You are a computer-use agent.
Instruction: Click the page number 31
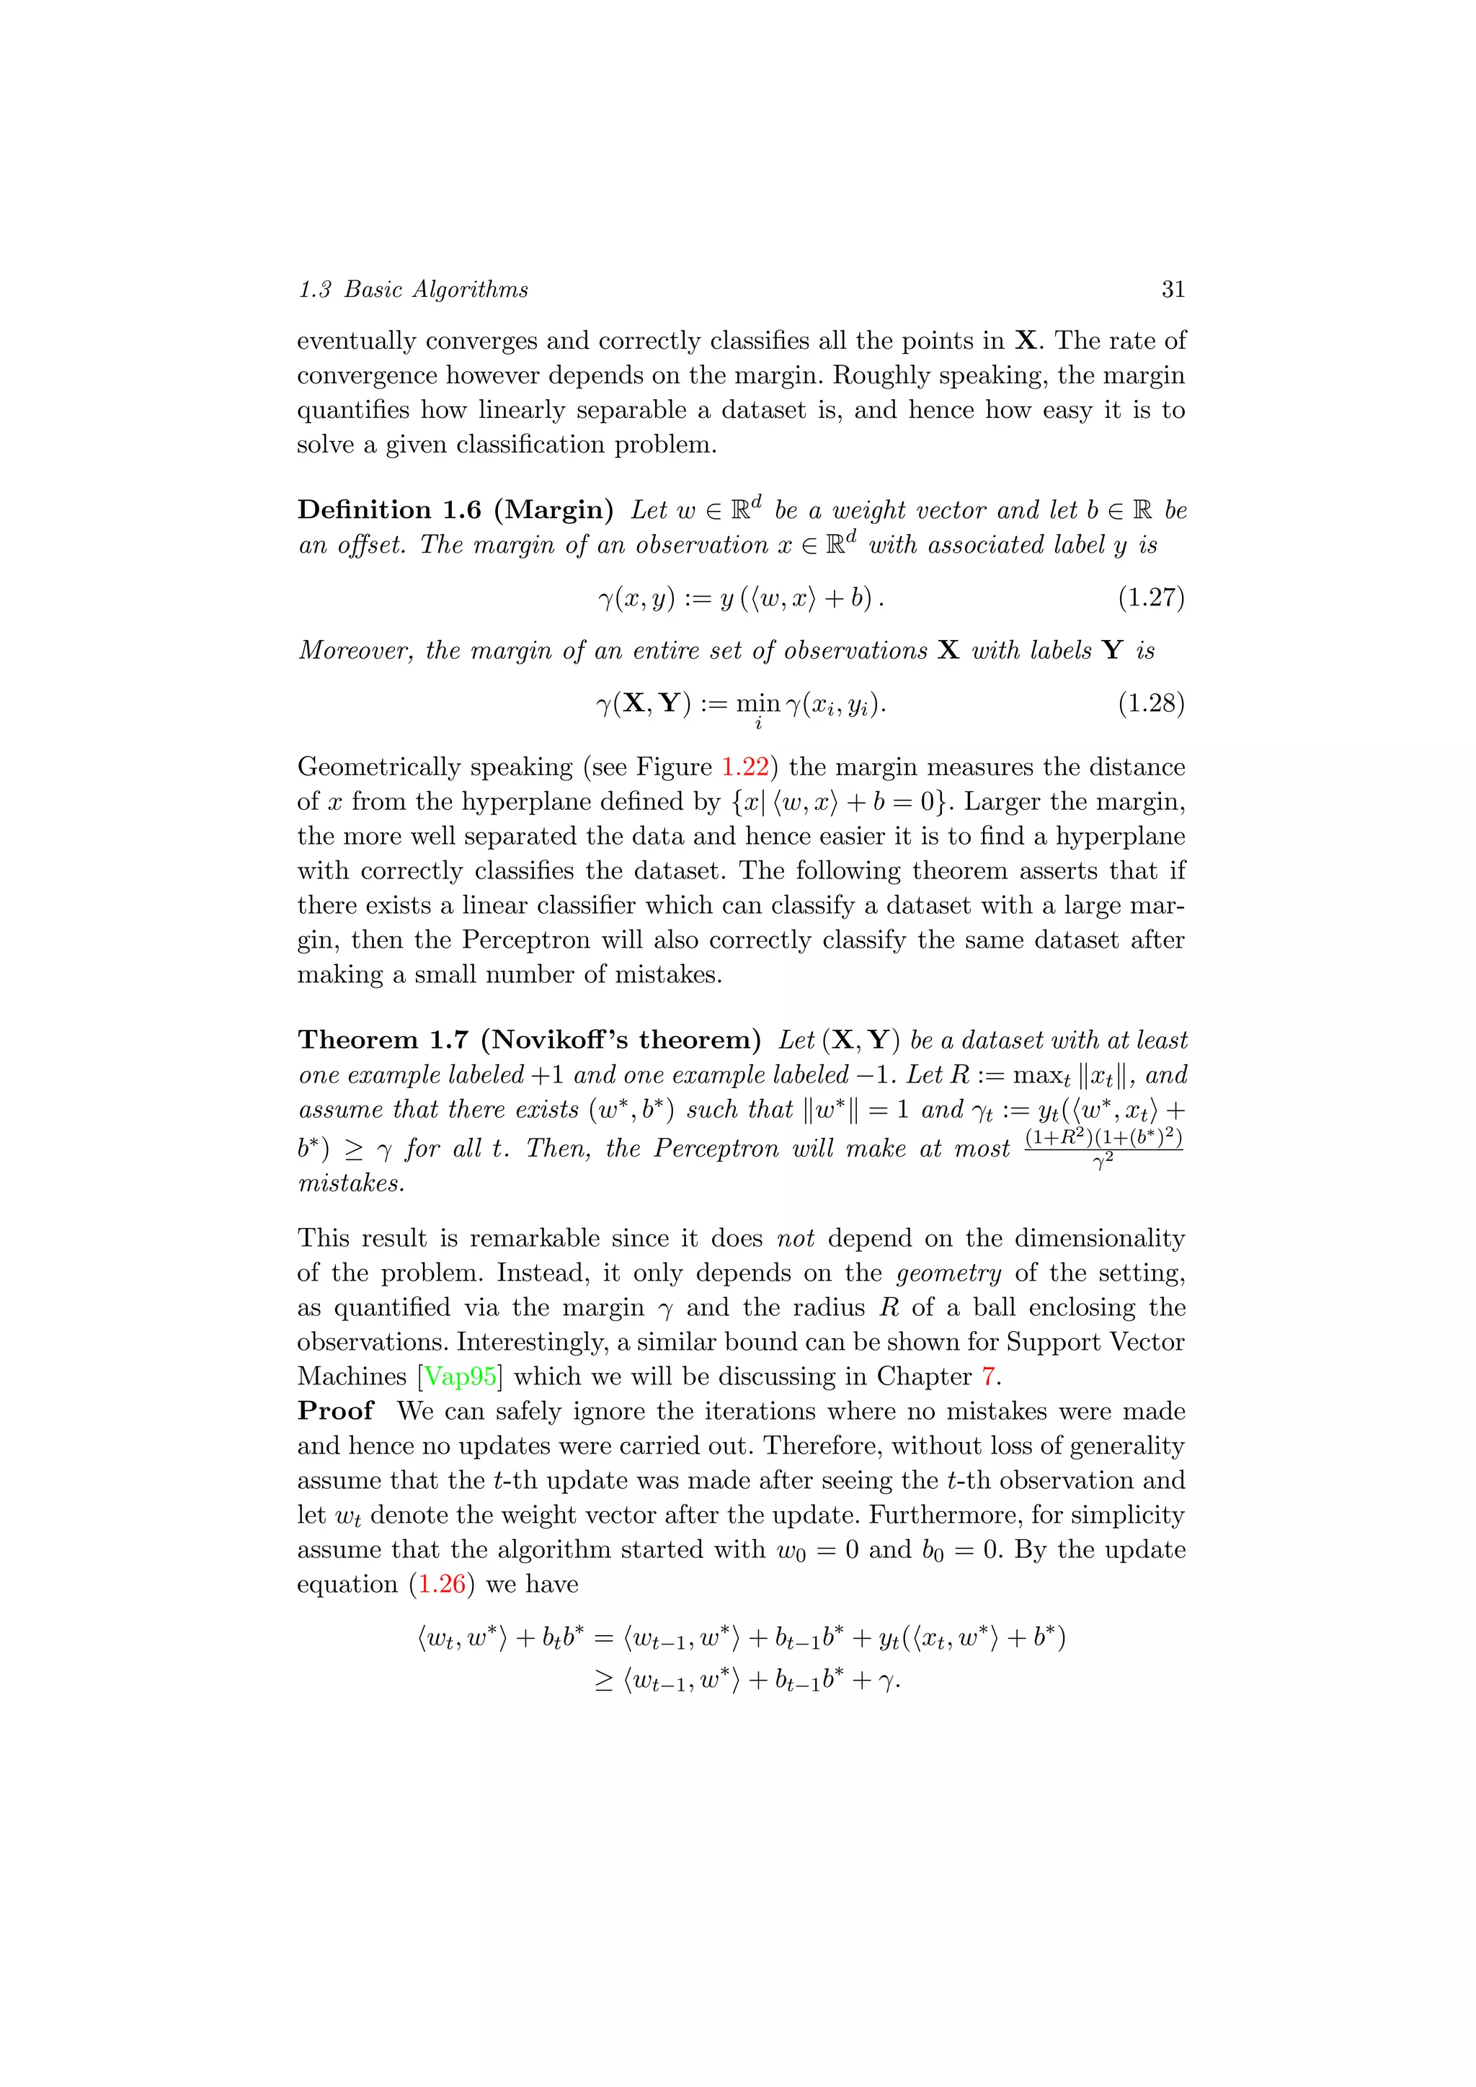[1173, 289]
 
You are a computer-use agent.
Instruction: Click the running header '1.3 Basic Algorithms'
[414, 289]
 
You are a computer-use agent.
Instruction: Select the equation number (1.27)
[1151, 597]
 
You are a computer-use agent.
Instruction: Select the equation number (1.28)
[1151, 703]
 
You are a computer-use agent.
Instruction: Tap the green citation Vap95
[461, 1376]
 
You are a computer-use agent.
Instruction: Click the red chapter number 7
[989, 1376]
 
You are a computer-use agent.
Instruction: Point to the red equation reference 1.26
[441, 1583]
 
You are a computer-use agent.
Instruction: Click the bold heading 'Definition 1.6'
[389, 510]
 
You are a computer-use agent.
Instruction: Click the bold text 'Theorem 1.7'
[383, 1040]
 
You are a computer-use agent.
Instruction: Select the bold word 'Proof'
[335, 1411]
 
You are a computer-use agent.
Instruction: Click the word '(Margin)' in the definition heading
[553, 510]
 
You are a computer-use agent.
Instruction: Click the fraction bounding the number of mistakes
[1103, 1149]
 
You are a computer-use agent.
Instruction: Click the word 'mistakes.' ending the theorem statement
[352, 1183]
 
